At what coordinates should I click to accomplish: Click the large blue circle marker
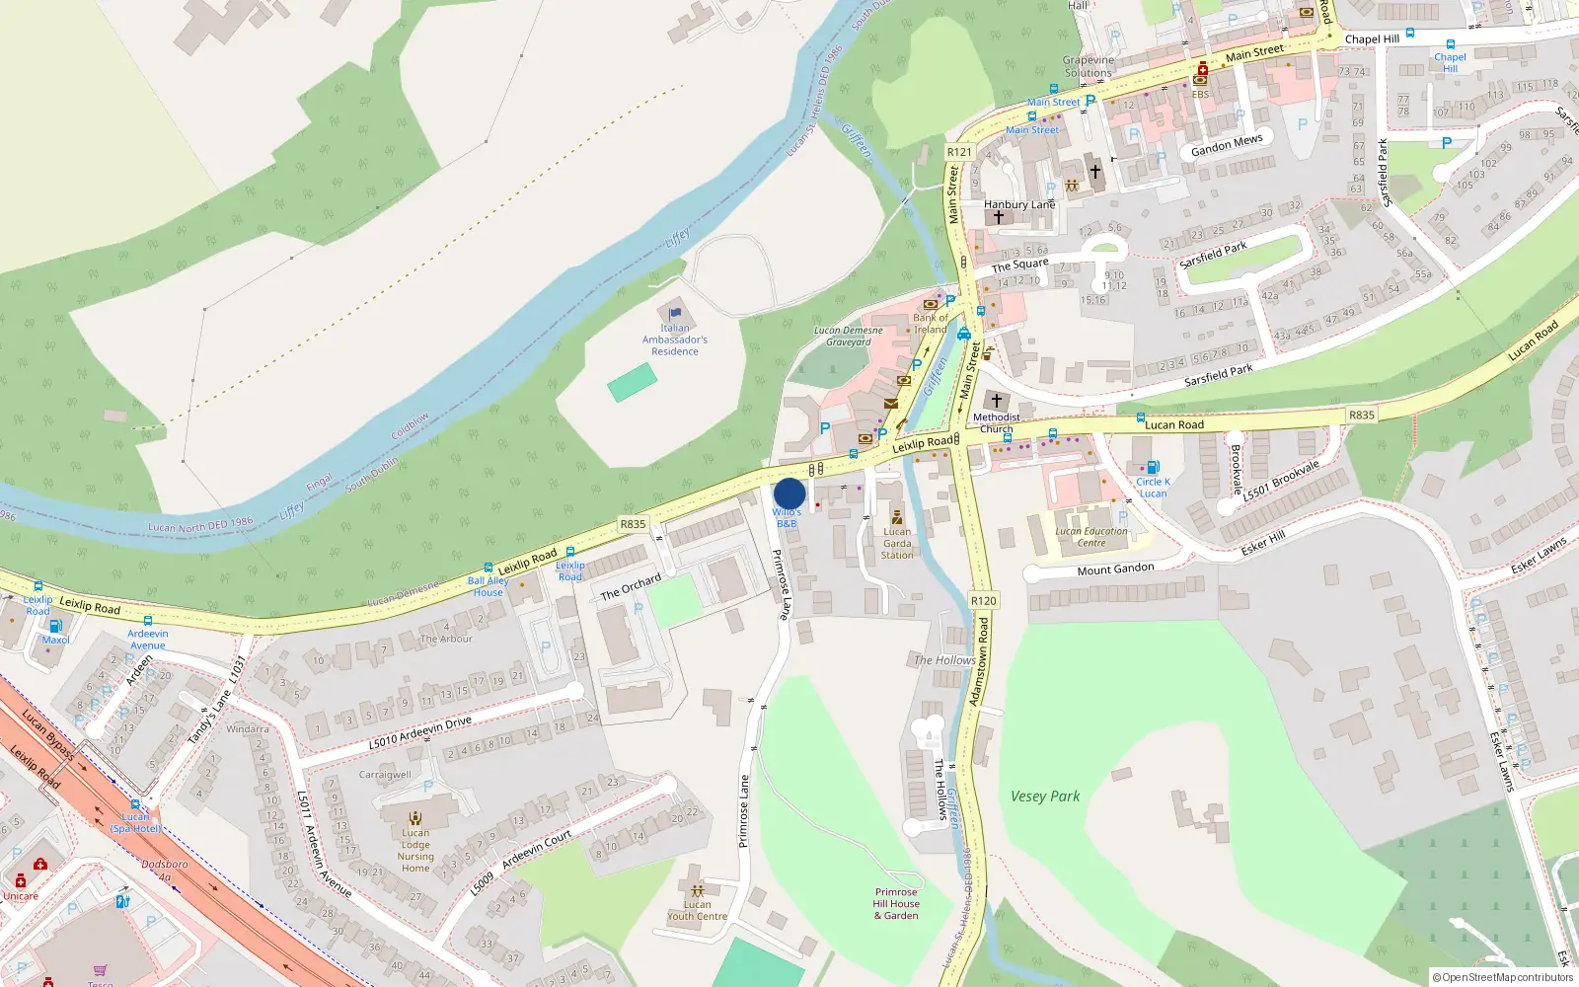coord(789,493)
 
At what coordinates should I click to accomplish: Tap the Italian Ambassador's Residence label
coord(675,340)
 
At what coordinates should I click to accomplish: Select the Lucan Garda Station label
coord(897,543)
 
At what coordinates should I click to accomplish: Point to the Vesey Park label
coord(1045,797)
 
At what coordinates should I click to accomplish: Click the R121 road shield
coord(959,152)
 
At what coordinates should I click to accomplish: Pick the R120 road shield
coord(984,600)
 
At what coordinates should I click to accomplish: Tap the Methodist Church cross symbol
coord(997,401)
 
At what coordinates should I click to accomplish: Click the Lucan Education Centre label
coord(1091,537)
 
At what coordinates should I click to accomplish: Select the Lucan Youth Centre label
coord(697,910)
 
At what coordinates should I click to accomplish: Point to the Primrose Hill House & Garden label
coord(896,904)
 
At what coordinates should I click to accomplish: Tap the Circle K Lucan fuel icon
coord(1153,468)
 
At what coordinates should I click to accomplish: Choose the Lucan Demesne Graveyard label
coord(849,337)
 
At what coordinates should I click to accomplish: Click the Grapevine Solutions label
coord(1089,66)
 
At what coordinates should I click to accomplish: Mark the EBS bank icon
coord(1201,79)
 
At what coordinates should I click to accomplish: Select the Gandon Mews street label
coord(1227,145)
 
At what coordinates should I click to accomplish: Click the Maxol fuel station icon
coord(55,626)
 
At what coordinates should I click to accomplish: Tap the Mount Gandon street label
coord(1115,569)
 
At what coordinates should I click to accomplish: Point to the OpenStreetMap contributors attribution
coord(1503,978)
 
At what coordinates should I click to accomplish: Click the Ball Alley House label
coord(489,586)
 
